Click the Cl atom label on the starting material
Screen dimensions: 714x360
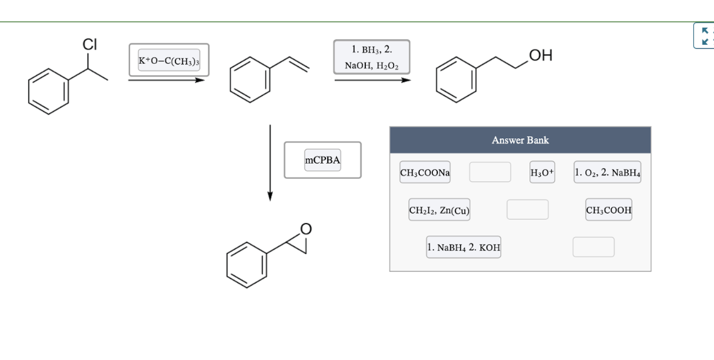(90, 45)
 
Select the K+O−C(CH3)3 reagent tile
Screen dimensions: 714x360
(169, 60)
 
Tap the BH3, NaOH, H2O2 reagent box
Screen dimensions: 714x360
(372, 57)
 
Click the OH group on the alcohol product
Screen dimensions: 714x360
(541, 55)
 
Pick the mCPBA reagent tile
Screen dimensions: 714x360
(322, 160)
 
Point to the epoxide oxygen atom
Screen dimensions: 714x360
(306, 229)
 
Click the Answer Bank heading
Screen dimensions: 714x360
(520, 140)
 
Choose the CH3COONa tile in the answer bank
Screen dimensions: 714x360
(425, 172)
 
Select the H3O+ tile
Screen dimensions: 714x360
(542, 172)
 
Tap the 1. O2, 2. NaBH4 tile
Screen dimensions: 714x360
(607, 172)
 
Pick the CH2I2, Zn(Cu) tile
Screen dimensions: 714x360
(439, 210)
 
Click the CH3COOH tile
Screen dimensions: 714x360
(608, 210)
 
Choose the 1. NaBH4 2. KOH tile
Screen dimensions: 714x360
(464, 247)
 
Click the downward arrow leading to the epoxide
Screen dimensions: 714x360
(270, 162)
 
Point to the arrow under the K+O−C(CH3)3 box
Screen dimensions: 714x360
(166, 80)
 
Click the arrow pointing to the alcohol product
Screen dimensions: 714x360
(372, 80)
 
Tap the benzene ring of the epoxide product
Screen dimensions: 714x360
(247, 265)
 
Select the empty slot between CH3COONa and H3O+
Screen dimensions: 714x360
(490, 172)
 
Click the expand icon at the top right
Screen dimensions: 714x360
(705, 36)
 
